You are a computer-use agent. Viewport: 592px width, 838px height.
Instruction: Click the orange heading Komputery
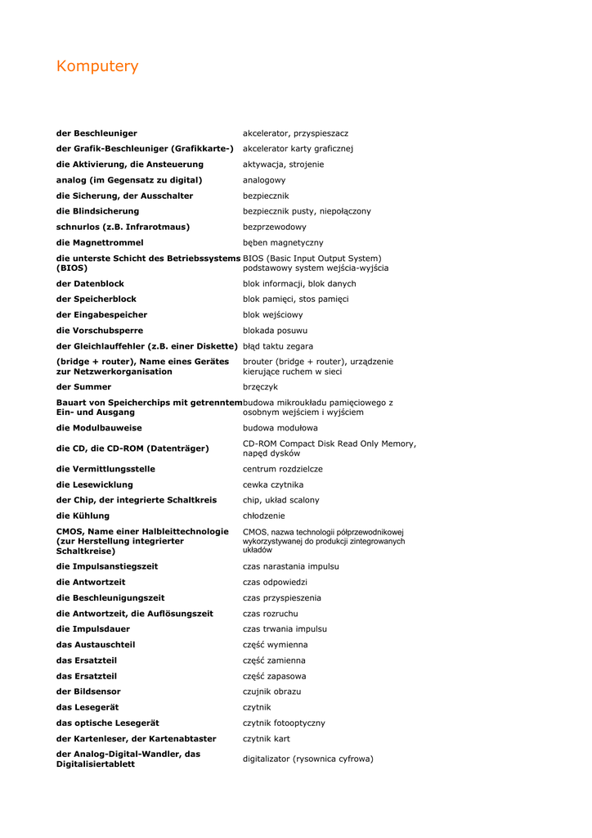(x=97, y=66)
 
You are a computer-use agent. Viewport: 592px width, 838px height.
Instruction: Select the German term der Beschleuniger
(x=96, y=133)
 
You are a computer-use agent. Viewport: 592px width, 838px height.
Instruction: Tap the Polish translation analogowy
(x=264, y=180)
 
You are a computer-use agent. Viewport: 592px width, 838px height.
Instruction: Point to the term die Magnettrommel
(x=100, y=243)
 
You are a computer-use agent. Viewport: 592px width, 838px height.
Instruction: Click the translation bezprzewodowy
(x=275, y=227)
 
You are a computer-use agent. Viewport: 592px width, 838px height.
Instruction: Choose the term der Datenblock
(x=90, y=284)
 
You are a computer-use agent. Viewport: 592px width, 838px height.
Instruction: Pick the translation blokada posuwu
(x=276, y=331)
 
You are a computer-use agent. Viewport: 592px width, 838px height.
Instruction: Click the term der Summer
(x=83, y=387)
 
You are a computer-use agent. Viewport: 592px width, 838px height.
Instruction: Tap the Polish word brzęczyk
(x=261, y=387)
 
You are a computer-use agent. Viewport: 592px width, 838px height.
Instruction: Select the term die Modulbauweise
(x=99, y=428)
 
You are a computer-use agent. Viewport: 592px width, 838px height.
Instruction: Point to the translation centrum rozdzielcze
(x=283, y=469)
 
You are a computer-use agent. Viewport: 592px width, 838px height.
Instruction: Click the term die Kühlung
(x=83, y=516)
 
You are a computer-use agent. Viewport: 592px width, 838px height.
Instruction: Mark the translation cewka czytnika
(x=273, y=484)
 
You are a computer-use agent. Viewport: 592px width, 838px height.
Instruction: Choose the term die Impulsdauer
(x=96, y=629)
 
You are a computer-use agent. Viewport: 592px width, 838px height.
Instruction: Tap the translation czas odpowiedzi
(x=275, y=582)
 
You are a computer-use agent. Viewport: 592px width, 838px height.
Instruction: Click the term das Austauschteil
(x=96, y=645)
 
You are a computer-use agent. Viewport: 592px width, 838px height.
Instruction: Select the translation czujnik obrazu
(x=271, y=692)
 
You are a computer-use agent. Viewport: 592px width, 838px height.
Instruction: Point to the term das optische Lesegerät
(x=107, y=723)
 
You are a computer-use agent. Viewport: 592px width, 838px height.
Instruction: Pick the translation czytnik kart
(x=267, y=739)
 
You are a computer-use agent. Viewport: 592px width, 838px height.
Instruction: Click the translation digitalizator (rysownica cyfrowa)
(x=308, y=759)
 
